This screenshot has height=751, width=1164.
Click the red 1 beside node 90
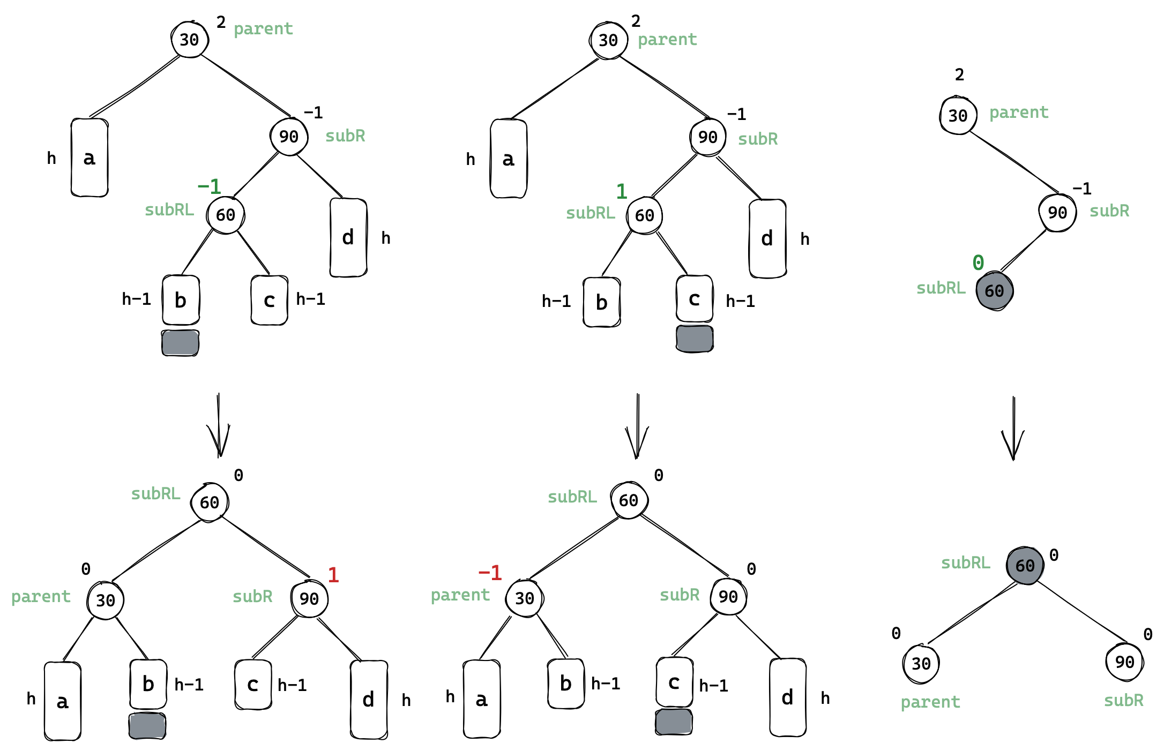click(x=333, y=575)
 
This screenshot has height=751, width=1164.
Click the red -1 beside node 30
click(x=490, y=573)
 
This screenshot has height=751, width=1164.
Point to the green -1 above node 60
click(x=209, y=187)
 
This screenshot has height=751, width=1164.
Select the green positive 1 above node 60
click(x=622, y=191)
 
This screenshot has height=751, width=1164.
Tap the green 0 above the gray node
click(x=978, y=262)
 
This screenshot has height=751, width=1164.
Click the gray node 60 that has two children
click(x=1025, y=566)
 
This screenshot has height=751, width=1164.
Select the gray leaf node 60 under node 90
click(x=994, y=291)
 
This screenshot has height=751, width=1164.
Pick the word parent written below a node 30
click(x=930, y=702)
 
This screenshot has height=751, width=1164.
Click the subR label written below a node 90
click(x=1123, y=700)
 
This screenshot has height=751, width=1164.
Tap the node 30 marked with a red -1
click(x=524, y=598)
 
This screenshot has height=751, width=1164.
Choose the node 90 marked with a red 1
click(x=309, y=598)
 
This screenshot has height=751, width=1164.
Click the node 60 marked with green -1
click(x=226, y=215)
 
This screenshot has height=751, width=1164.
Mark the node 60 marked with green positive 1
click(x=644, y=215)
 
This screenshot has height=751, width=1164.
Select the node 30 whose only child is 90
click(x=958, y=115)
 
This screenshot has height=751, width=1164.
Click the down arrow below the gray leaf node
click(x=1013, y=429)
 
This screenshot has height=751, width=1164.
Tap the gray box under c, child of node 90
click(x=674, y=722)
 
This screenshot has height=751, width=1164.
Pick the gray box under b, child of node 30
click(x=147, y=726)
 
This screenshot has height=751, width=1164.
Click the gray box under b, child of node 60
click(x=181, y=343)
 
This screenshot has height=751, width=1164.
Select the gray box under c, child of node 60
click(x=695, y=339)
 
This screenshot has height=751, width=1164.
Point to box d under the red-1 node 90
click(x=369, y=700)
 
